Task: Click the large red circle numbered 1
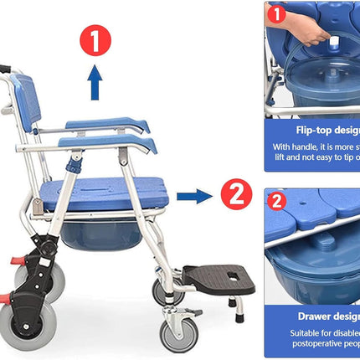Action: click(x=95, y=39)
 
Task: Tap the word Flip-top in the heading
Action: click(x=307, y=131)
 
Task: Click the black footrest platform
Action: click(x=219, y=277)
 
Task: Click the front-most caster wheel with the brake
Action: click(x=180, y=331)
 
